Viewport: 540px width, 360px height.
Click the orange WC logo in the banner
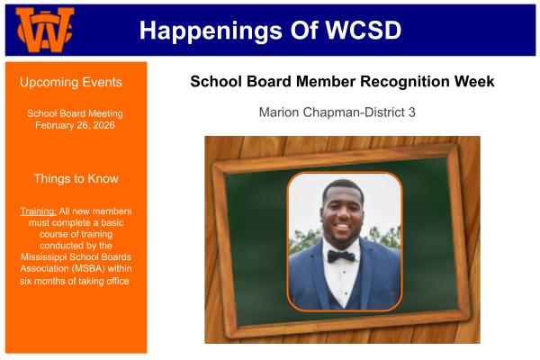(x=45, y=30)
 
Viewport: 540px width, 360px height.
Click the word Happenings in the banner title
(x=211, y=31)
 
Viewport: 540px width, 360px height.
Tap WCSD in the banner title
(x=364, y=30)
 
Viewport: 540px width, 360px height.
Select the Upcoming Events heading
(x=71, y=82)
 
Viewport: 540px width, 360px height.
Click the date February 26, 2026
(x=75, y=125)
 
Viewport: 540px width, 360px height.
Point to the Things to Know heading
(x=76, y=178)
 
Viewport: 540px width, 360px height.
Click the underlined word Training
(x=38, y=211)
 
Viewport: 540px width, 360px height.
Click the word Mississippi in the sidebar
(x=44, y=257)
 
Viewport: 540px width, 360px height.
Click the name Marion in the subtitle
(x=279, y=112)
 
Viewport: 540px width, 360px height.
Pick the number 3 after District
(x=412, y=112)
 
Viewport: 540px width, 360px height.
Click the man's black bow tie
(x=341, y=256)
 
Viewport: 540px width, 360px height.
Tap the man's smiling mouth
(x=342, y=227)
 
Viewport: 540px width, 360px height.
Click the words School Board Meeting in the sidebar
(x=75, y=113)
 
